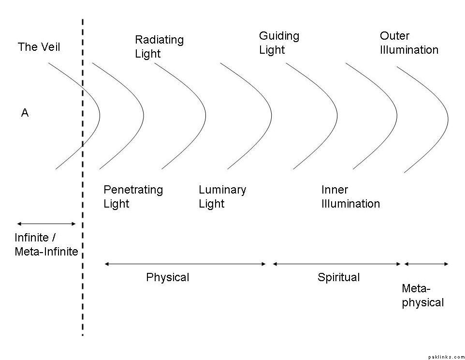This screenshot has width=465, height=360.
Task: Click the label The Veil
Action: [x=39, y=47]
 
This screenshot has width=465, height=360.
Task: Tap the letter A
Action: [x=25, y=113]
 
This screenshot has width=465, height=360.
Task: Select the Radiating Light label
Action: [x=159, y=46]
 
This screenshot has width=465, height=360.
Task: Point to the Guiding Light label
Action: [x=279, y=43]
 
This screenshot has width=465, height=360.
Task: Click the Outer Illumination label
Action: [x=409, y=43]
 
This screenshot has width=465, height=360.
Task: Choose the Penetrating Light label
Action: [x=133, y=196]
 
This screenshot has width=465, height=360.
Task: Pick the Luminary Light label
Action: [x=222, y=196]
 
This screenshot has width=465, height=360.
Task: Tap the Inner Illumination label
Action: [x=350, y=196]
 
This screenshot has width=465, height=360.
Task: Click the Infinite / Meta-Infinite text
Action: [x=46, y=245]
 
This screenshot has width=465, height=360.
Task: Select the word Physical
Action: [x=167, y=278]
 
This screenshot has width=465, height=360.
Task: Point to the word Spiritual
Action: [x=338, y=278]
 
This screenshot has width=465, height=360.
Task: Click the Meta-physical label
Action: [x=422, y=296]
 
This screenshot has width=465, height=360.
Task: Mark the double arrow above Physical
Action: [x=185, y=264]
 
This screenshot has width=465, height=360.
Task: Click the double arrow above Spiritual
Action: [x=337, y=264]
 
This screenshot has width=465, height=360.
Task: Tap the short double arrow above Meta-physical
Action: [x=426, y=264]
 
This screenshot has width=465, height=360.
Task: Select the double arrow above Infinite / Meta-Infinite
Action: [x=46, y=224]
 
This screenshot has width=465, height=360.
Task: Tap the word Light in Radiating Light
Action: [x=147, y=54]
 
